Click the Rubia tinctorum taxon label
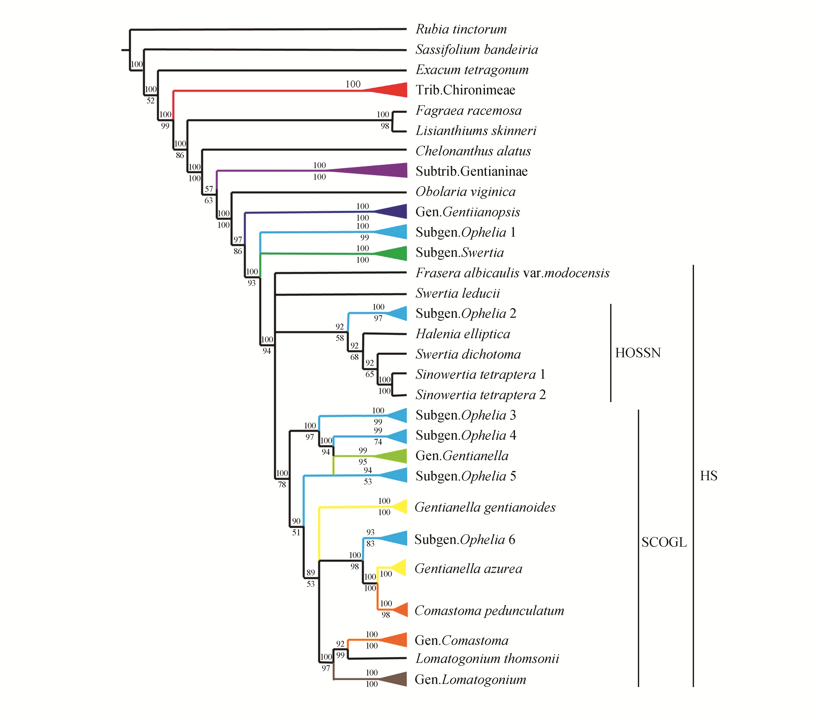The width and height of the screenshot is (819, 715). (461, 29)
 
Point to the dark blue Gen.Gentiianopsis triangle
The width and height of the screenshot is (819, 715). (395, 211)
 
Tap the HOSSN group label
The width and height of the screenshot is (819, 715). (637, 353)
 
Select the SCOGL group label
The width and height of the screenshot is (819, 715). (664, 542)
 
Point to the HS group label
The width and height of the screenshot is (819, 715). (708, 476)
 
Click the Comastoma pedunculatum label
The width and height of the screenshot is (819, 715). (489, 611)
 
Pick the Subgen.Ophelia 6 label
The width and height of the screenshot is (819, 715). (465, 540)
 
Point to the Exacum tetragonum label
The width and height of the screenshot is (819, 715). (472, 70)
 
